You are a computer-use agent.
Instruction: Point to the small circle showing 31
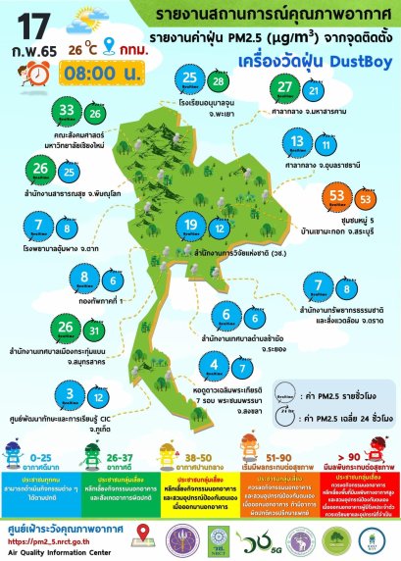click(67, 329)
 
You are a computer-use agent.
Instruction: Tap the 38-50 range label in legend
click(200, 456)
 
